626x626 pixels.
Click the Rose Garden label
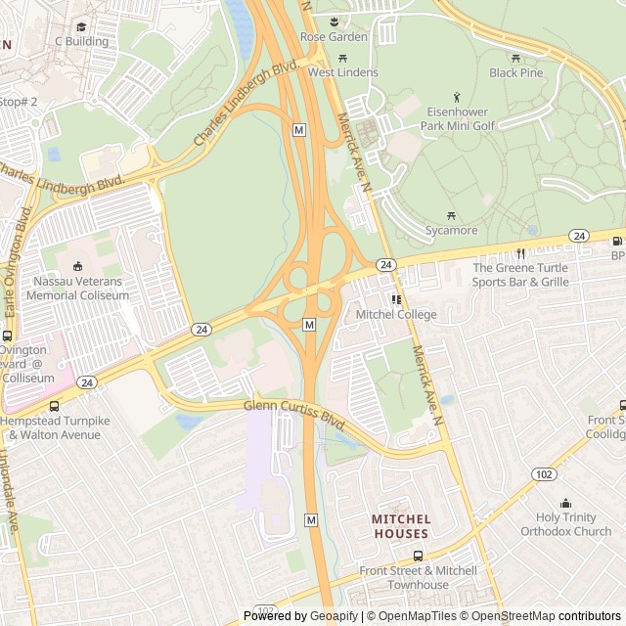(334, 37)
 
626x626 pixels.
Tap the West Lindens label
(342, 72)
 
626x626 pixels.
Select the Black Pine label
(515, 72)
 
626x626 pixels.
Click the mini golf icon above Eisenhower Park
(457, 98)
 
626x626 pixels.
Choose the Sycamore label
(451, 230)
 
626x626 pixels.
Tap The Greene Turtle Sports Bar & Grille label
(520, 275)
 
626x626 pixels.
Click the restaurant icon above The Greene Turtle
(521, 253)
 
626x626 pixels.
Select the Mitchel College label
(396, 314)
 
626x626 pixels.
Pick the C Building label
(81, 41)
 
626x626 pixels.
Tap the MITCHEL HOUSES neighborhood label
(400, 526)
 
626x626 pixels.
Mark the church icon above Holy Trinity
(566, 504)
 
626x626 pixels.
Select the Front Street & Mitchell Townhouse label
(418, 577)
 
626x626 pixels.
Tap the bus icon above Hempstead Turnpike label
(54, 406)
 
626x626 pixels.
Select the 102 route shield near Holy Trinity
(545, 474)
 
